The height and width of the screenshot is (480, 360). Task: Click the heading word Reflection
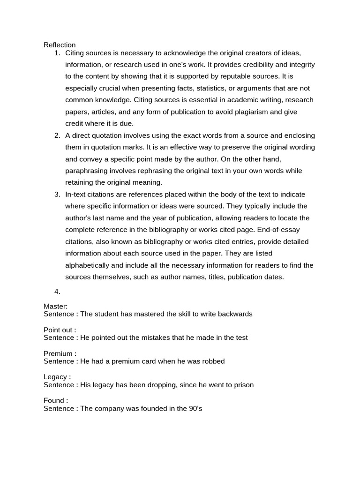pyautogui.click(x=60, y=45)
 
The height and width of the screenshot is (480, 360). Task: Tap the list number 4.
pyautogui.click(x=57, y=292)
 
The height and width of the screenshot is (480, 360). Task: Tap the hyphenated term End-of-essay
pyautogui.click(x=278, y=230)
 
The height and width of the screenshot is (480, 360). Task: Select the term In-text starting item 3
pyautogui.click(x=77, y=195)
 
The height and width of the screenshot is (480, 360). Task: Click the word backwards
pyautogui.click(x=236, y=314)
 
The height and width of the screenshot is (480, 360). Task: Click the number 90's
pyautogui.click(x=194, y=409)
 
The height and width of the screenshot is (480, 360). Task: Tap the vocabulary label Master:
pyautogui.click(x=56, y=307)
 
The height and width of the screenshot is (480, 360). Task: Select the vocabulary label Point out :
pyautogui.click(x=60, y=330)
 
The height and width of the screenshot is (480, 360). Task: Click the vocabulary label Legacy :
pyautogui.click(x=57, y=377)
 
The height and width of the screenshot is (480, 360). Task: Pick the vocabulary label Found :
pyautogui.click(x=56, y=401)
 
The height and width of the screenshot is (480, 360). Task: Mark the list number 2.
pyautogui.click(x=57, y=135)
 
